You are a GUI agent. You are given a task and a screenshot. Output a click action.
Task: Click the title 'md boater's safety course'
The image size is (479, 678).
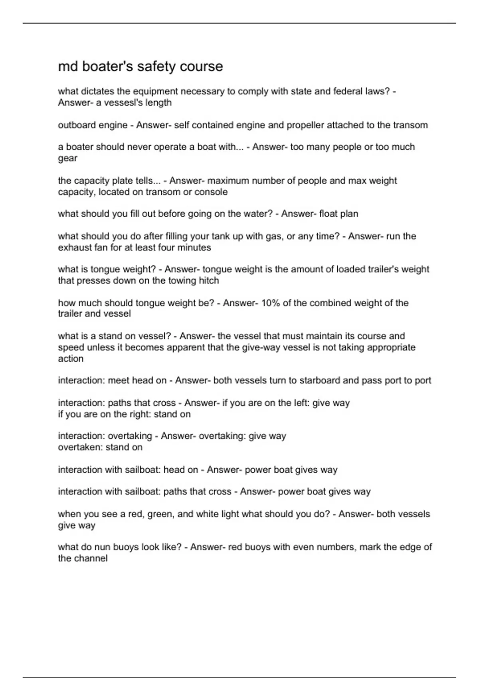point(141,66)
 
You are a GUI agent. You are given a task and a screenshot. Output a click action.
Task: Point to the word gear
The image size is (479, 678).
point(67,159)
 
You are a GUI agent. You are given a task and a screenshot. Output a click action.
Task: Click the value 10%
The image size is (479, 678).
point(270,303)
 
